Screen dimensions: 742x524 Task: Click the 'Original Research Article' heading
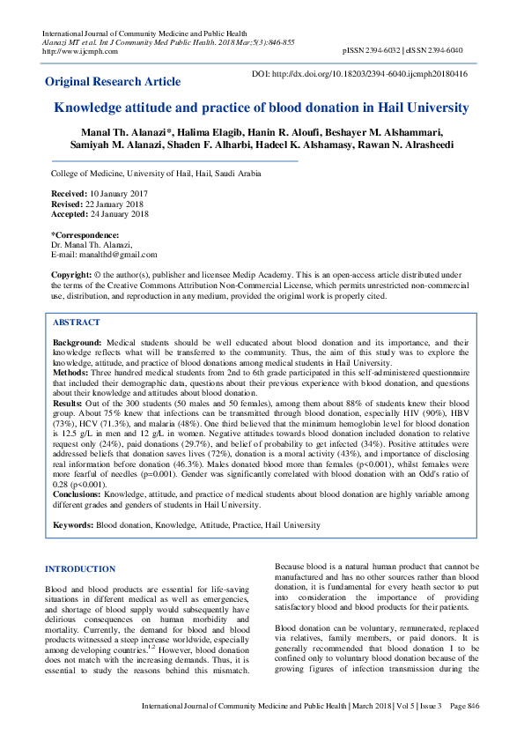click(x=113, y=82)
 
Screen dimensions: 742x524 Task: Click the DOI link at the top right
click(x=359, y=74)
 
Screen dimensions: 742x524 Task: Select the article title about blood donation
click(x=262, y=108)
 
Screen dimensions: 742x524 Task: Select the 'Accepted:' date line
click(x=100, y=213)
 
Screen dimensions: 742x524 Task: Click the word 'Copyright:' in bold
click(x=71, y=275)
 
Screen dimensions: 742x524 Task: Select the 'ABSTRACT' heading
click(x=77, y=323)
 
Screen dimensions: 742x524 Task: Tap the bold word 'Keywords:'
click(x=73, y=525)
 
